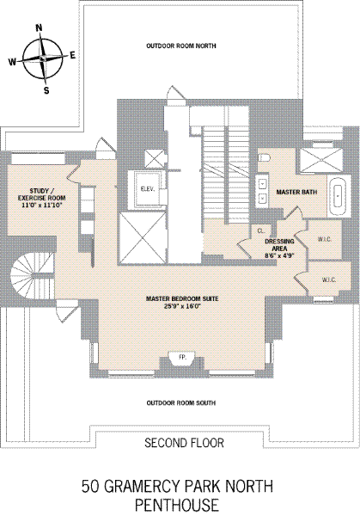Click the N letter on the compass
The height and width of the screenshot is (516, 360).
pyautogui.click(x=40, y=28)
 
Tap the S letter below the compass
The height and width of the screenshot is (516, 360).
pyautogui.click(x=46, y=90)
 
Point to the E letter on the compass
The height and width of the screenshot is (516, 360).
pyautogui.click(x=72, y=55)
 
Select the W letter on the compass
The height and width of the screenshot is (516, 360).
pyautogui.click(x=12, y=62)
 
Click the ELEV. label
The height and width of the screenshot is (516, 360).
pyautogui.click(x=147, y=189)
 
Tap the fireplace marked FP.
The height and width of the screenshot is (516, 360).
pyautogui.click(x=182, y=358)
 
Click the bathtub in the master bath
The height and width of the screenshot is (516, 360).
pyautogui.click(x=338, y=195)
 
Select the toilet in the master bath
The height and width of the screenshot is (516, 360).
pyautogui.click(x=264, y=157)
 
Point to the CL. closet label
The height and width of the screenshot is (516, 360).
pyautogui.click(x=260, y=231)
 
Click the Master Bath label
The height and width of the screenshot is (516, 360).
pyautogui.click(x=296, y=192)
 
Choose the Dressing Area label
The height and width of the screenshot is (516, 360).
pyautogui.click(x=279, y=245)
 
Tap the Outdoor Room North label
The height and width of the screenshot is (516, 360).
pyautogui.click(x=181, y=46)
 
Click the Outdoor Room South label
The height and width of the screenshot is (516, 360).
pyautogui.click(x=181, y=402)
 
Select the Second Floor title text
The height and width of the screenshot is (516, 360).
pyautogui.click(x=184, y=443)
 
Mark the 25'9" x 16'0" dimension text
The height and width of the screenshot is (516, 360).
pyautogui.click(x=182, y=305)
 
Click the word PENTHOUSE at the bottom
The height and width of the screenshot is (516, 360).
pyautogui.click(x=177, y=505)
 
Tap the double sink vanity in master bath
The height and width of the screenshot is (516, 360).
pyautogui.click(x=263, y=191)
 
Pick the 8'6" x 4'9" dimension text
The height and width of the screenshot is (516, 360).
pyautogui.click(x=279, y=255)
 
